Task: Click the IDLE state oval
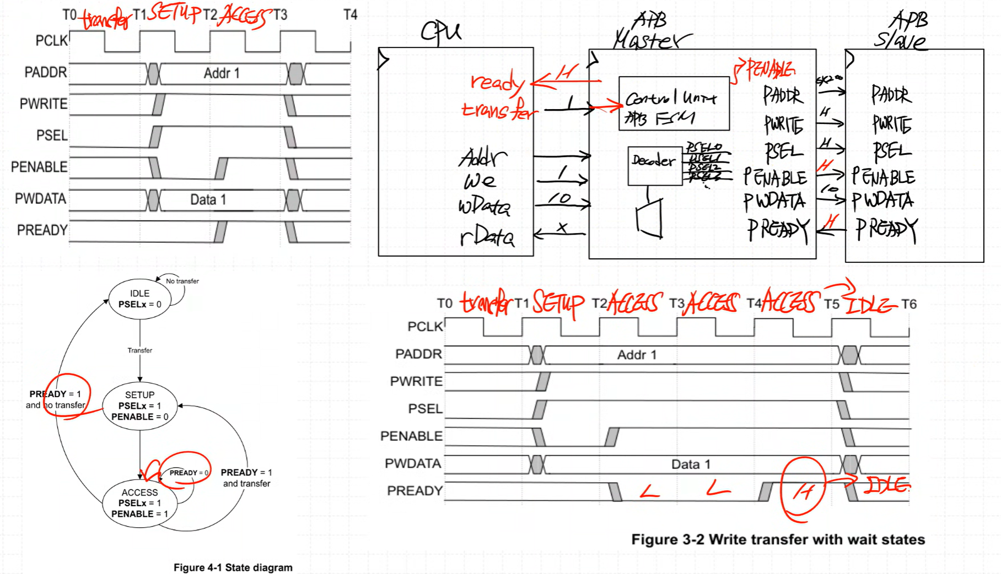[139, 299]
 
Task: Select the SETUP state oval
[139, 406]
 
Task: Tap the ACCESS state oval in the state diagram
[139, 503]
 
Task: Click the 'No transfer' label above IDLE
[182, 281]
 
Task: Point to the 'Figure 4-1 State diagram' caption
[233, 567]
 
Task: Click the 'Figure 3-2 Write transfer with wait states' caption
[778, 539]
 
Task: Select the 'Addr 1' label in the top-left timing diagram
[222, 73]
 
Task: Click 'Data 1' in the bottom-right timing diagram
[691, 464]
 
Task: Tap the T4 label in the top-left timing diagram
[350, 15]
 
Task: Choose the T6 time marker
[908, 304]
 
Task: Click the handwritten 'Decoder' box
[654, 164]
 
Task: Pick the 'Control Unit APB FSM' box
[674, 104]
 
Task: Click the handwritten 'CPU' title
[441, 32]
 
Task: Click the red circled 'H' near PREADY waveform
[803, 490]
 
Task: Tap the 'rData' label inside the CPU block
[487, 236]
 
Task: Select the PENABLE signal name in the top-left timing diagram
[39, 167]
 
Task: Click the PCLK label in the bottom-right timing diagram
[425, 327]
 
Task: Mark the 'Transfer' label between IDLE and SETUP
[139, 350]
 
